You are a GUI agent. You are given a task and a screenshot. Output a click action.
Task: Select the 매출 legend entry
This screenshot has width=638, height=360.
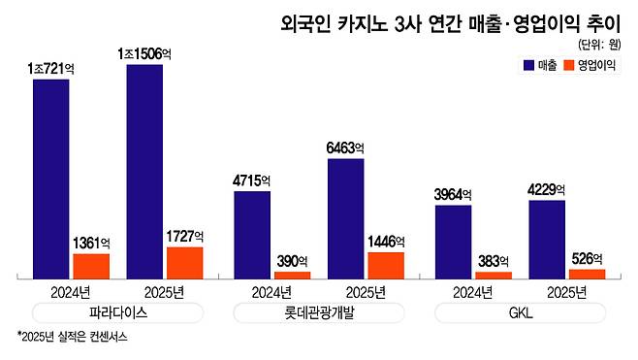(539, 66)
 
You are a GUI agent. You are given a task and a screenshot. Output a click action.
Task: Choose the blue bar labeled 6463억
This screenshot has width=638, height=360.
(346, 219)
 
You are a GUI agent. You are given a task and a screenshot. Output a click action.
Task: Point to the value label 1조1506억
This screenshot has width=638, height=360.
(144, 54)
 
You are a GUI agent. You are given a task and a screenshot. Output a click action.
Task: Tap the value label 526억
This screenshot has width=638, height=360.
(587, 258)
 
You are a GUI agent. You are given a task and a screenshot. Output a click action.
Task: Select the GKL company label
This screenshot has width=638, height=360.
(520, 312)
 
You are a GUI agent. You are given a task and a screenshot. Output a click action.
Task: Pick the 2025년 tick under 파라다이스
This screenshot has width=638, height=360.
(165, 291)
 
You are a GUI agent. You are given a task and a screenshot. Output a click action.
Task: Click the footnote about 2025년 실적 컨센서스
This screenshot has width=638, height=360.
(73, 338)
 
